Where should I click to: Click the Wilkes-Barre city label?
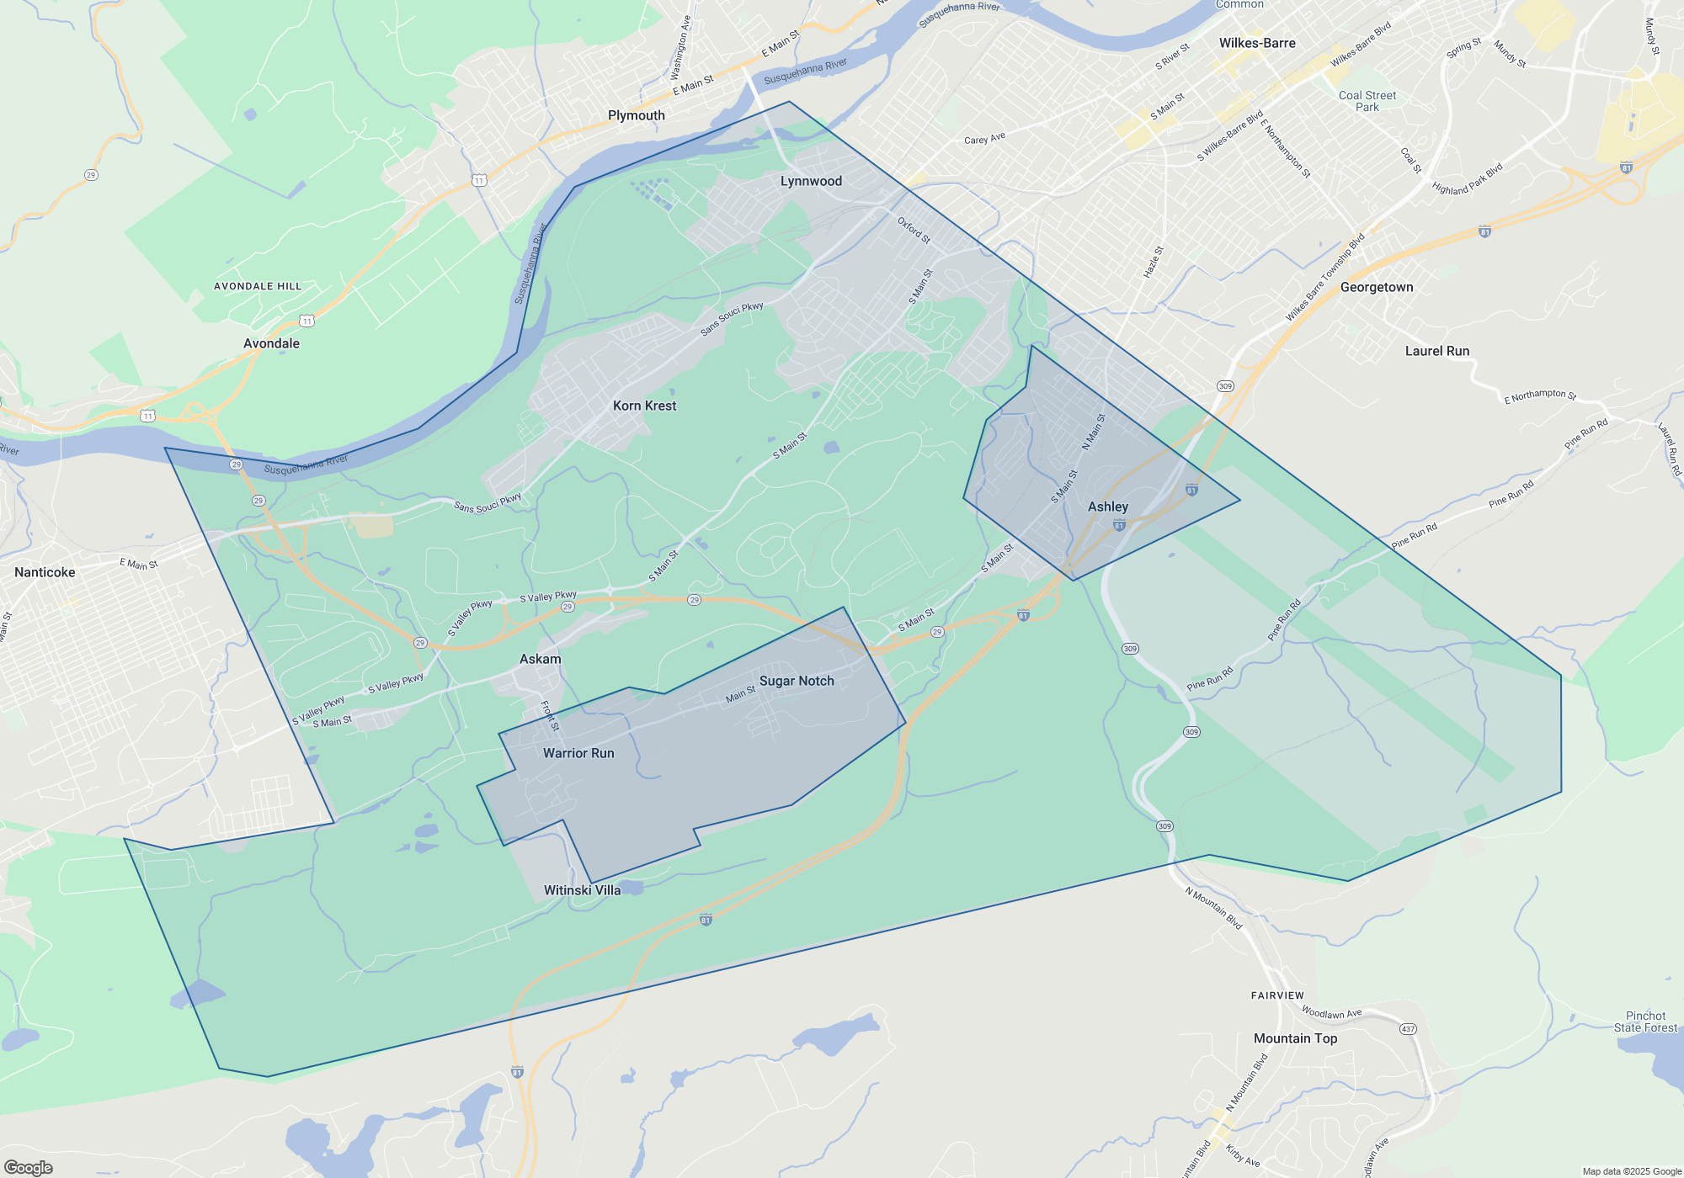[x=1257, y=43]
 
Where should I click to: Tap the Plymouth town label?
[x=637, y=115]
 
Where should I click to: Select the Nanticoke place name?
[x=45, y=572]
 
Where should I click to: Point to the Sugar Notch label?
[x=797, y=681]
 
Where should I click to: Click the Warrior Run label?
[x=578, y=753]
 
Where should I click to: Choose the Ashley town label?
[x=1108, y=507]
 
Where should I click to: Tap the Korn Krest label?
[x=644, y=406]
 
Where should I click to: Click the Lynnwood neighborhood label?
[x=811, y=181]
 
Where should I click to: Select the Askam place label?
[x=540, y=659]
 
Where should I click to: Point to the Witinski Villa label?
[x=582, y=890]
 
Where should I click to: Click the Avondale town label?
[x=271, y=343]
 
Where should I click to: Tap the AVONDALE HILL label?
[x=258, y=286]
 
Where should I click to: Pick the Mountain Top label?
[x=1295, y=1038]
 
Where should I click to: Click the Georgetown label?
[x=1377, y=287]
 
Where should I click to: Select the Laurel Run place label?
[x=1437, y=351]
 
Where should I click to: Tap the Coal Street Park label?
[x=1367, y=101]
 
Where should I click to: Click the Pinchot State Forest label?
[x=1645, y=1021]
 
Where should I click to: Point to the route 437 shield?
[x=1408, y=1029]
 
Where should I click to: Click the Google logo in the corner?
[x=28, y=1168]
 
